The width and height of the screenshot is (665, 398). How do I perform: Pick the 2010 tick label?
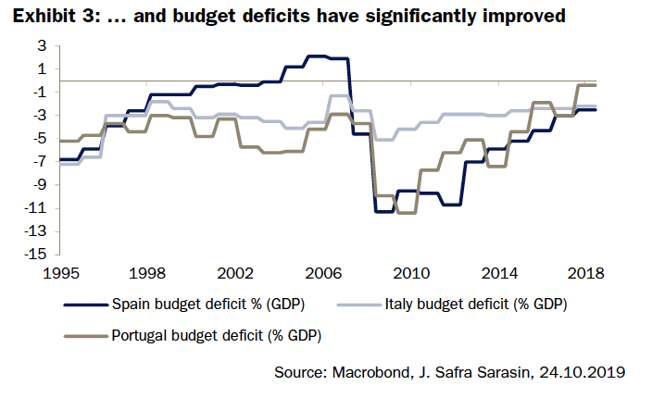(x=411, y=274)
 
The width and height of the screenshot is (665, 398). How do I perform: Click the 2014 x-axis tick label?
(x=499, y=274)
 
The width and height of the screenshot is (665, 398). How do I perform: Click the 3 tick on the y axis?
(x=42, y=46)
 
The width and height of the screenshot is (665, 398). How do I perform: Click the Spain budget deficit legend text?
(x=208, y=304)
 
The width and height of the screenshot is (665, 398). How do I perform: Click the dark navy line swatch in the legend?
(x=84, y=304)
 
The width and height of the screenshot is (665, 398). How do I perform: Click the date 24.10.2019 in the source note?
(x=583, y=373)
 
